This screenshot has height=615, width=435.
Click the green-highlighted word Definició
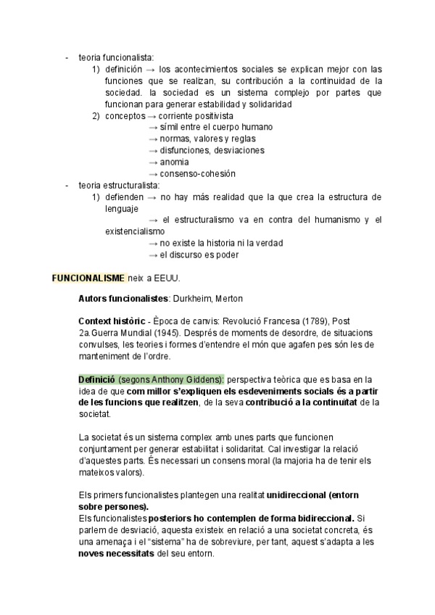click(x=96, y=379)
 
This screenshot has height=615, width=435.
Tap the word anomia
click(x=174, y=162)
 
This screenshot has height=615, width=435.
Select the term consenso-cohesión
click(x=197, y=173)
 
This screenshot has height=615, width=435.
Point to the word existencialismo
click(x=135, y=231)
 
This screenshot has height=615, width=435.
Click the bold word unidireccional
click(x=296, y=495)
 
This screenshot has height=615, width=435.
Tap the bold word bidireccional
click(x=320, y=519)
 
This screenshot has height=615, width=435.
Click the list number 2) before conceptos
click(x=96, y=116)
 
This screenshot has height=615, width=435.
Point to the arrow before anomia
click(x=153, y=162)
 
